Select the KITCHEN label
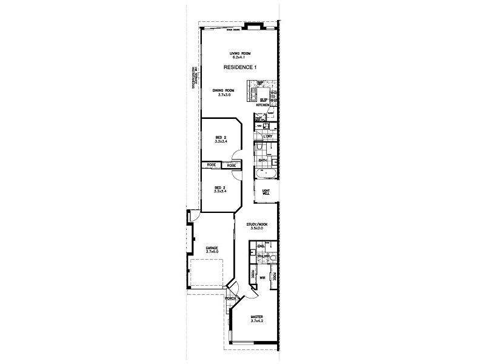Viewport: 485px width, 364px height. click(263, 106)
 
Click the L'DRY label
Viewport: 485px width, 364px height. click(267, 136)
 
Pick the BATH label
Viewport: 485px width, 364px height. click(263, 160)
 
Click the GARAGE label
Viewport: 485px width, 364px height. click(212, 248)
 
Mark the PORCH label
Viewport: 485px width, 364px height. click(230, 299)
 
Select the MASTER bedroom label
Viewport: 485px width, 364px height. click(258, 317)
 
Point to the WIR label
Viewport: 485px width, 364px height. click(263, 277)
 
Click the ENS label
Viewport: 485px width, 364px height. click(261, 246)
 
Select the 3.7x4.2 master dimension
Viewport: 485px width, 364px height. click(258, 322)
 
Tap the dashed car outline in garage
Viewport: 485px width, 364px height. click(204, 273)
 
